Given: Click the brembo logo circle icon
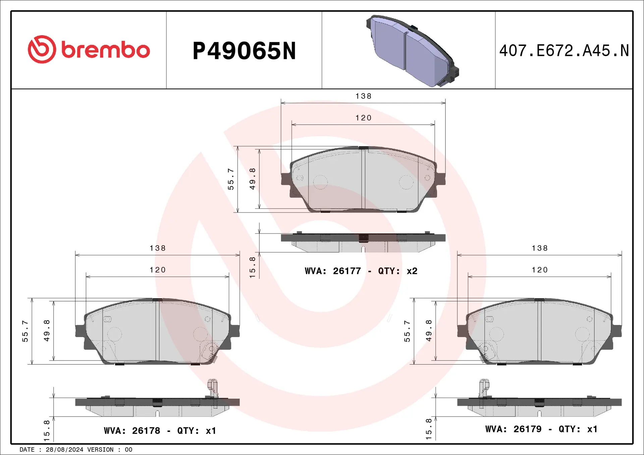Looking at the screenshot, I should pos(42,49).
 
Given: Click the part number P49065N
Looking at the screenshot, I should pos(244,51).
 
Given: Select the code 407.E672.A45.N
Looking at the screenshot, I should pos(564,51).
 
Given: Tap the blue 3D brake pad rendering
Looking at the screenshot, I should pos(412,51).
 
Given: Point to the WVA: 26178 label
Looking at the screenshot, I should pos(132,431).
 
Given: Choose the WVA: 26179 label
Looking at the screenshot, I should pos(513,429).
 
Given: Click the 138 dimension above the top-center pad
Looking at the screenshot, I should pos(363,96).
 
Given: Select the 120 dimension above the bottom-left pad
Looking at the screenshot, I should pos(158,270).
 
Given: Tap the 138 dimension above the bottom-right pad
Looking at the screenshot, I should pos(540,248).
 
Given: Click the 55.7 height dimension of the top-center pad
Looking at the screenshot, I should pos(231,179).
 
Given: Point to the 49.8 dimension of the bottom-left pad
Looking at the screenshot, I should pos(47,331).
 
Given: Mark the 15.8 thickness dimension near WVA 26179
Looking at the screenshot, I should pos(429,429).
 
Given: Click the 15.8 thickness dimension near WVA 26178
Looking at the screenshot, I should pos(47,431).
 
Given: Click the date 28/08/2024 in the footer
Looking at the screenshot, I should pos(64,450).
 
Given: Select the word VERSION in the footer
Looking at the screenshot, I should pos(100,450).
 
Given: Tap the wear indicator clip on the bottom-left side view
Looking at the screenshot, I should pos(213,389).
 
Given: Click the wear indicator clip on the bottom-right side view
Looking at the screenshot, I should pos(484,389).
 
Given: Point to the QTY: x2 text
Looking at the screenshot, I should pos(398,271).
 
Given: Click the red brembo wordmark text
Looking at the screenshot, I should pos(105,50).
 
